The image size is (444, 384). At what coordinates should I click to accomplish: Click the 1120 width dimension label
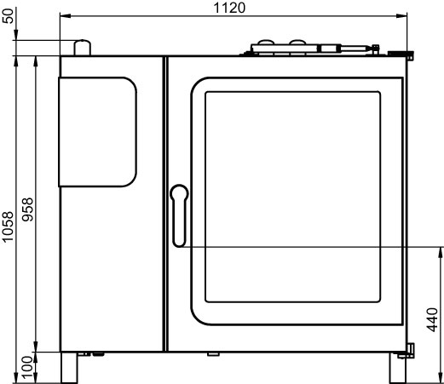click(229, 8)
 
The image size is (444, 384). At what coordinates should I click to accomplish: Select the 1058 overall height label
click(8, 226)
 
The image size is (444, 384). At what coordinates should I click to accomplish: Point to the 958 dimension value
click(28, 209)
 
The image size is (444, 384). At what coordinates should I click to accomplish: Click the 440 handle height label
click(432, 319)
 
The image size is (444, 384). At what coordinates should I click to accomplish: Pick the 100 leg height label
click(28, 368)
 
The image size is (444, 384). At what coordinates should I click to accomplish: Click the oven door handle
click(179, 215)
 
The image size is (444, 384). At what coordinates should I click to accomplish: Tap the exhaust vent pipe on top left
click(83, 48)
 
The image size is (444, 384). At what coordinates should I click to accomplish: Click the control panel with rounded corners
click(97, 132)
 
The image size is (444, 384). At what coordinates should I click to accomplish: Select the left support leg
click(69, 368)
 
